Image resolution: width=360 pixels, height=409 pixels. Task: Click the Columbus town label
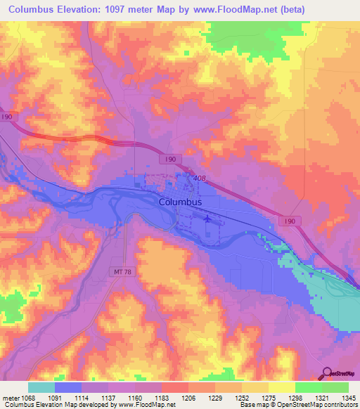[181, 202]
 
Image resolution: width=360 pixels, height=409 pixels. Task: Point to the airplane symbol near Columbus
[208, 219]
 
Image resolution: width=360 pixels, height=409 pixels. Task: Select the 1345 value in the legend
[349, 397]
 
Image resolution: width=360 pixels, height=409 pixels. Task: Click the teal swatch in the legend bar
[41, 387]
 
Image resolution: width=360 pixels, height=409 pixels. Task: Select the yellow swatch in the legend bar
[281, 387]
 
